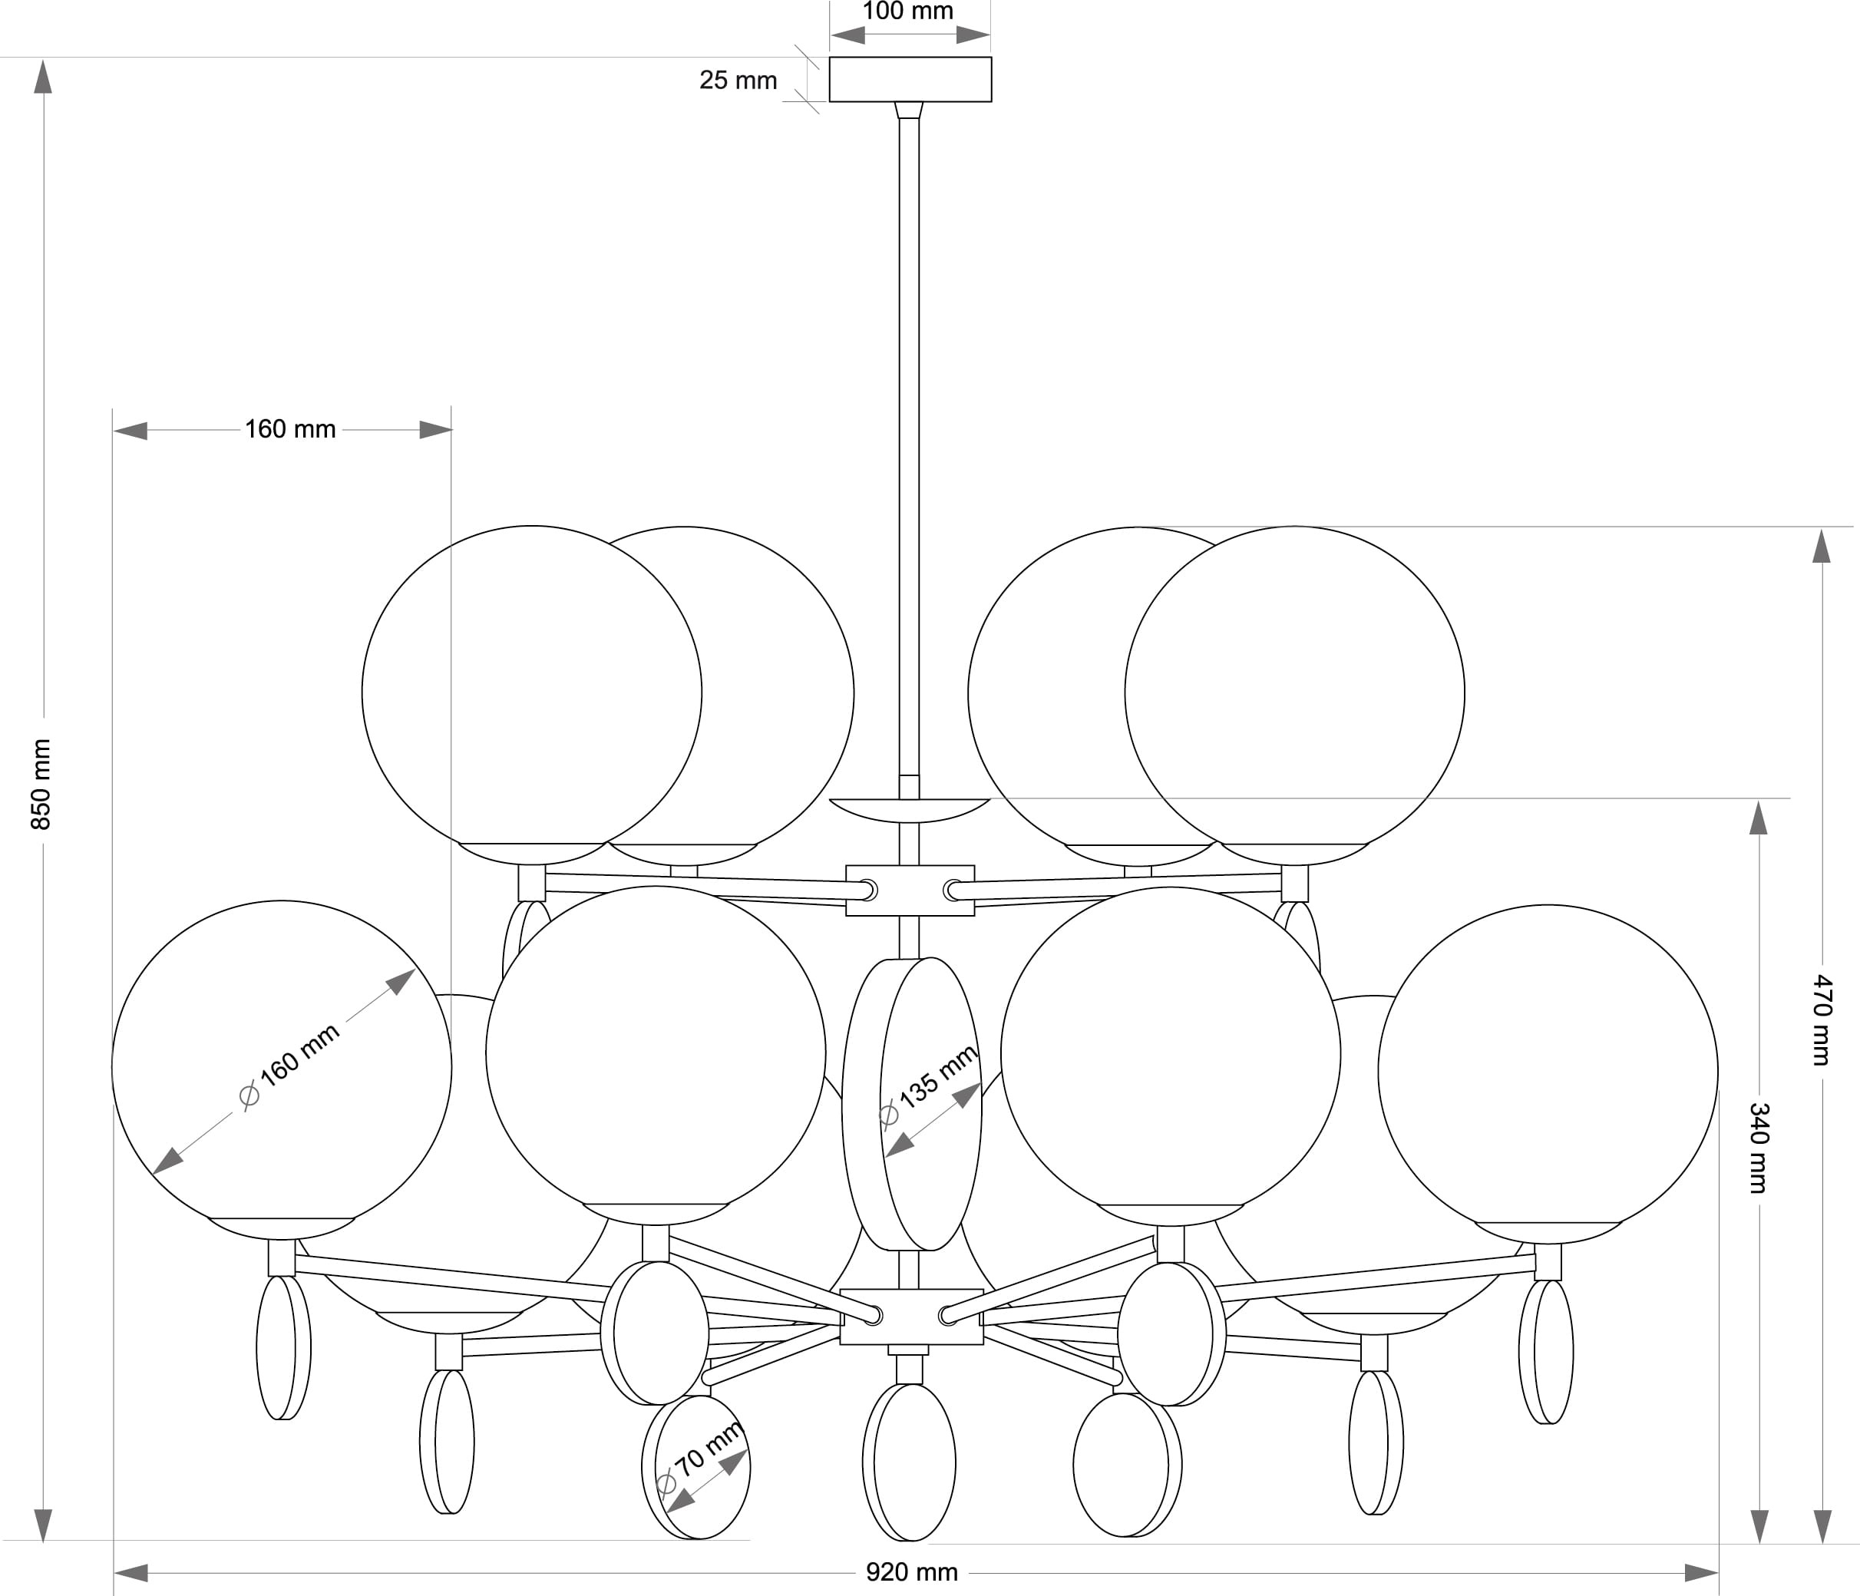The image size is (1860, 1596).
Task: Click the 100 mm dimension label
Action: click(x=907, y=12)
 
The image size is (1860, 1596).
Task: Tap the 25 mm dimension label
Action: click(x=738, y=80)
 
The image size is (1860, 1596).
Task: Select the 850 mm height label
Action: click(x=41, y=784)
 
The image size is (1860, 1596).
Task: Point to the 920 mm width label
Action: click(x=912, y=1571)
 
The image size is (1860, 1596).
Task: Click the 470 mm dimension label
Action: click(x=1822, y=1019)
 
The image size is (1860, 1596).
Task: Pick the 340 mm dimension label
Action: click(x=1759, y=1148)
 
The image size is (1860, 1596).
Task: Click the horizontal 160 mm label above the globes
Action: click(x=290, y=429)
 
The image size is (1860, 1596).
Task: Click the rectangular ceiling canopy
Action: click(x=910, y=79)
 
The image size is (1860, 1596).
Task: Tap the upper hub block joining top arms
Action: click(x=910, y=891)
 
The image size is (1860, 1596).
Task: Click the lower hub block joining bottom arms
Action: click(x=911, y=1317)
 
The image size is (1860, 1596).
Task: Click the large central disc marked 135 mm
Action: click(x=912, y=1103)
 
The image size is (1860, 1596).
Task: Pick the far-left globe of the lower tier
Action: click(x=282, y=1070)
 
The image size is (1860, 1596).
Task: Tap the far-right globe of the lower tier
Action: click(x=1548, y=1073)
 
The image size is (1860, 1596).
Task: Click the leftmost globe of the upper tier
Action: click(x=531, y=695)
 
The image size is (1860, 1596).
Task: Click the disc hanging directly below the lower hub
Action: click(x=910, y=1462)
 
